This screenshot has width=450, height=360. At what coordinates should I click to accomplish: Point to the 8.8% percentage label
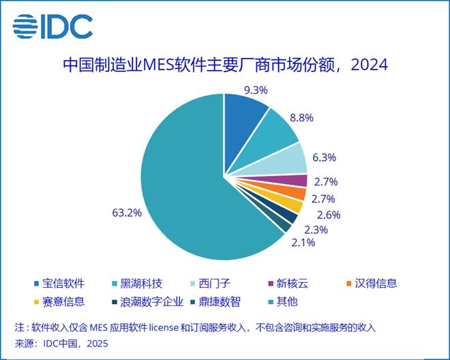301,117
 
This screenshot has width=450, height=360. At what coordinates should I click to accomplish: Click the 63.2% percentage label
127,212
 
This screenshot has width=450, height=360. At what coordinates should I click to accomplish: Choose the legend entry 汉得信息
372,283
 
